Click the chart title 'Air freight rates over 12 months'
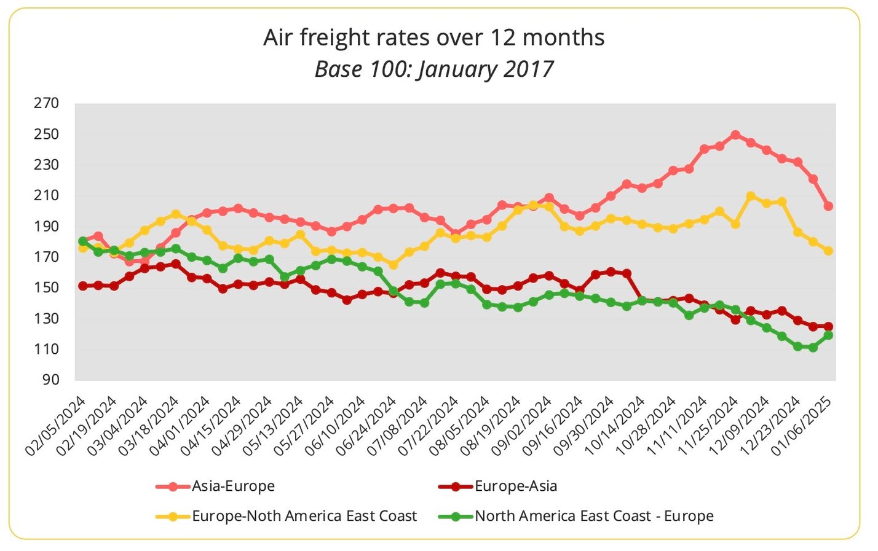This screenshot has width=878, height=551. tap(433, 38)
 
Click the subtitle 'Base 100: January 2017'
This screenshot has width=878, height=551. tap(433, 69)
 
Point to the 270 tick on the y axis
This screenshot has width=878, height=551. tap(47, 103)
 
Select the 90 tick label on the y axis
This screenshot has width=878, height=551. tap(50, 380)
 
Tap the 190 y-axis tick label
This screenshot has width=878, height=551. tap(47, 226)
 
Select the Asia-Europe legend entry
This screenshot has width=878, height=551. tap(232, 486)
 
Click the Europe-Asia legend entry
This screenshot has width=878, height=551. tap(515, 486)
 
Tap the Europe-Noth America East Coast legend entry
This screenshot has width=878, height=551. tap(304, 516)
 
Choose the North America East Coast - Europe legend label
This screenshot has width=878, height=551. tap(593, 516)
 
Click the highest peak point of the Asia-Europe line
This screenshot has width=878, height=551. tap(735, 135)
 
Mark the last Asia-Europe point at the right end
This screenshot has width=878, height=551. tap(828, 206)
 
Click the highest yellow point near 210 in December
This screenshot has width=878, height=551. tap(751, 196)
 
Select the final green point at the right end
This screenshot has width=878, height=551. tap(828, 335)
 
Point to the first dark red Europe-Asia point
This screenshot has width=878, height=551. tap(83, 286)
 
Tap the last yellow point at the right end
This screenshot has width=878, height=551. tap(828, 251)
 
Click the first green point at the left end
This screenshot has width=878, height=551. tap(83, 241)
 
